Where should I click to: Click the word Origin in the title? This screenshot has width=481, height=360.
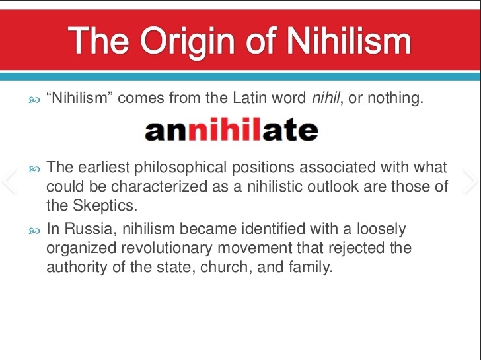click(187, 42)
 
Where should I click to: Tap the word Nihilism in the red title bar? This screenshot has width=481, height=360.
click(348, 40)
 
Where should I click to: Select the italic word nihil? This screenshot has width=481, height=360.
click(326, 98)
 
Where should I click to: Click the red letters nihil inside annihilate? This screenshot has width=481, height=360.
click(224, 129)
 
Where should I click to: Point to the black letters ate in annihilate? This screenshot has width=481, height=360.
click(290, 131)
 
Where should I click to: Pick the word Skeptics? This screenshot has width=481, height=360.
click(105, 205)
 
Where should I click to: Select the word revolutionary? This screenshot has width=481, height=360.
click(167, 248)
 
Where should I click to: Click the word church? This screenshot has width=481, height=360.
click(227, 267)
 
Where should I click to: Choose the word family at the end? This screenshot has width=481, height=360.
click(311, 267)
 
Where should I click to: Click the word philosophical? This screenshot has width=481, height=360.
click(180, 168)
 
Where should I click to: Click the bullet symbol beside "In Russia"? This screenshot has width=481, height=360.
click(34, 231)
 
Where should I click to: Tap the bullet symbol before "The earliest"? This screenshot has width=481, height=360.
click(34, 169)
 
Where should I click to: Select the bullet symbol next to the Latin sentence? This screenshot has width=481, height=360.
click(34, 100)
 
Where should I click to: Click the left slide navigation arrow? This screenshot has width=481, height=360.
click(9, 181)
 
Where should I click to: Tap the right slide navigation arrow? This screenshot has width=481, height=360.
click(470, 181)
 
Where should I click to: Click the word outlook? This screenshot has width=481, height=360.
click(333, 186)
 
